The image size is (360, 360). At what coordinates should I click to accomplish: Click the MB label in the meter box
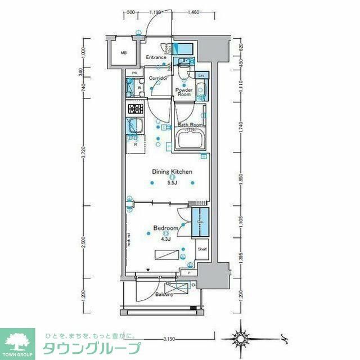124,53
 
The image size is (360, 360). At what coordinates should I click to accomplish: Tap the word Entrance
156,57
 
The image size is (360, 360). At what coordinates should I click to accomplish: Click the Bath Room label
190,125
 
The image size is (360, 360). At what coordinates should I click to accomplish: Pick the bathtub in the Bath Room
190,140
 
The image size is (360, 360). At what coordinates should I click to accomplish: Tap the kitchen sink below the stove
135,127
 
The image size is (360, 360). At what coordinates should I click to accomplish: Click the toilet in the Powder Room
182,71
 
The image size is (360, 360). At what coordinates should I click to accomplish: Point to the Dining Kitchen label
172,172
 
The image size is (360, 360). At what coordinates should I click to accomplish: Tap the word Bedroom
166,228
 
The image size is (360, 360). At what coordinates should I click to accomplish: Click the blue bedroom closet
200,223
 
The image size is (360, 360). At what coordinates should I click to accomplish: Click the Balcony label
164,294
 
